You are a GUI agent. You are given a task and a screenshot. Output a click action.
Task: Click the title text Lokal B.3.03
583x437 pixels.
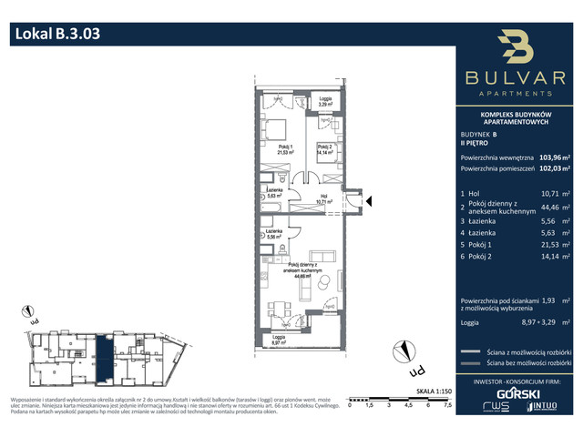pyautogui.click(x=56, y=35)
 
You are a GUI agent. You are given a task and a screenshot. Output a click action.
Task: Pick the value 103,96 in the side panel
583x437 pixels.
pyautogui.click(x=550, y=156)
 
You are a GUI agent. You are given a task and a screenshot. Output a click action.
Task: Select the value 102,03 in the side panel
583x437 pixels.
pyautogui.click(x=550, y=168)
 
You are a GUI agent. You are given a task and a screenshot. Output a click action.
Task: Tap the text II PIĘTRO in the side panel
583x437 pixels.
pyautogui.click(x=477, y=143)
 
